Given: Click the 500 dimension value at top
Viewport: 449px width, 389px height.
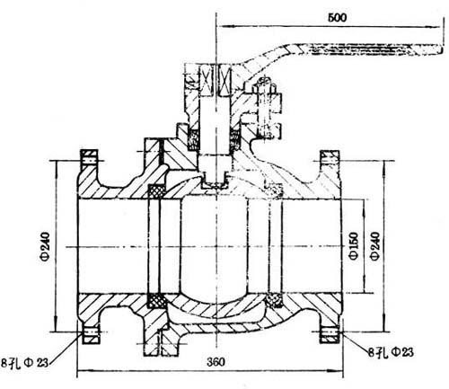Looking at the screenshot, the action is [x=338, y=17].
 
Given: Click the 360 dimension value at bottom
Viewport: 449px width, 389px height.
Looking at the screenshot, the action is [x=216, y=362].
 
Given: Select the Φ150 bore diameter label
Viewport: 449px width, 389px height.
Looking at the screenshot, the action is [x=354, y=246].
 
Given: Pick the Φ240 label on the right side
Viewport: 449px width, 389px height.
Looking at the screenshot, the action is [x=375, y=246].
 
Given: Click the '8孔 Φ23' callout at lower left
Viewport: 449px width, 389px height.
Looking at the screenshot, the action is [x=24, y=363].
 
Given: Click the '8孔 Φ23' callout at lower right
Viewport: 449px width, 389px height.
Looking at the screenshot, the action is [x=391, y=352].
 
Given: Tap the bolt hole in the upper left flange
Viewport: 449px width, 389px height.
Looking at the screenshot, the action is [x=89, y=161].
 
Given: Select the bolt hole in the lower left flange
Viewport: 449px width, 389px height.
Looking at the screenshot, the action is [x=91, y=332].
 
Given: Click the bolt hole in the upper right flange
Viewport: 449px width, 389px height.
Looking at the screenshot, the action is [x=330, y=161].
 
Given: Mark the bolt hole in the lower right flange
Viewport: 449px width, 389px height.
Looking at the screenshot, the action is [x=330, y=332].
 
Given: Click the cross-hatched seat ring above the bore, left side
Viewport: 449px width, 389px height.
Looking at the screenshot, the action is [x=157, y=191].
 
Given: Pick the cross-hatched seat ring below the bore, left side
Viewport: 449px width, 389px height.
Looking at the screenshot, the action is [x=157, y=301].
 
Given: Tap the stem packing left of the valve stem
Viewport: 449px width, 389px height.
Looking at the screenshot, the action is [x=193, y=139].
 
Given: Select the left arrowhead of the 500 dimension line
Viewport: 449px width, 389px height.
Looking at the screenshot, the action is [x=223, y=26].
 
